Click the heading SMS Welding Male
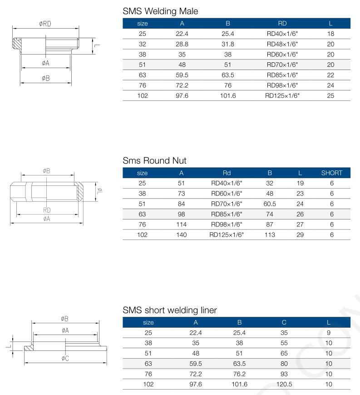160,11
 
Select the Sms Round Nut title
154,160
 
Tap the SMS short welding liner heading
170,310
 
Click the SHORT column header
331,173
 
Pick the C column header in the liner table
284,322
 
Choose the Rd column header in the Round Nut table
227,173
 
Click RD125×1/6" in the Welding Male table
283,95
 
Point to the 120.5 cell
284,384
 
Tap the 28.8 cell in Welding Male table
182,44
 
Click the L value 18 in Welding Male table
330,33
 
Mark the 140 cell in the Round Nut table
181,235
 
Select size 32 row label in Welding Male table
142,44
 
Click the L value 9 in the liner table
328,332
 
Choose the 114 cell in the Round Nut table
181,225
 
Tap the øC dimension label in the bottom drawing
65,359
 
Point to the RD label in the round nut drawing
47,210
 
